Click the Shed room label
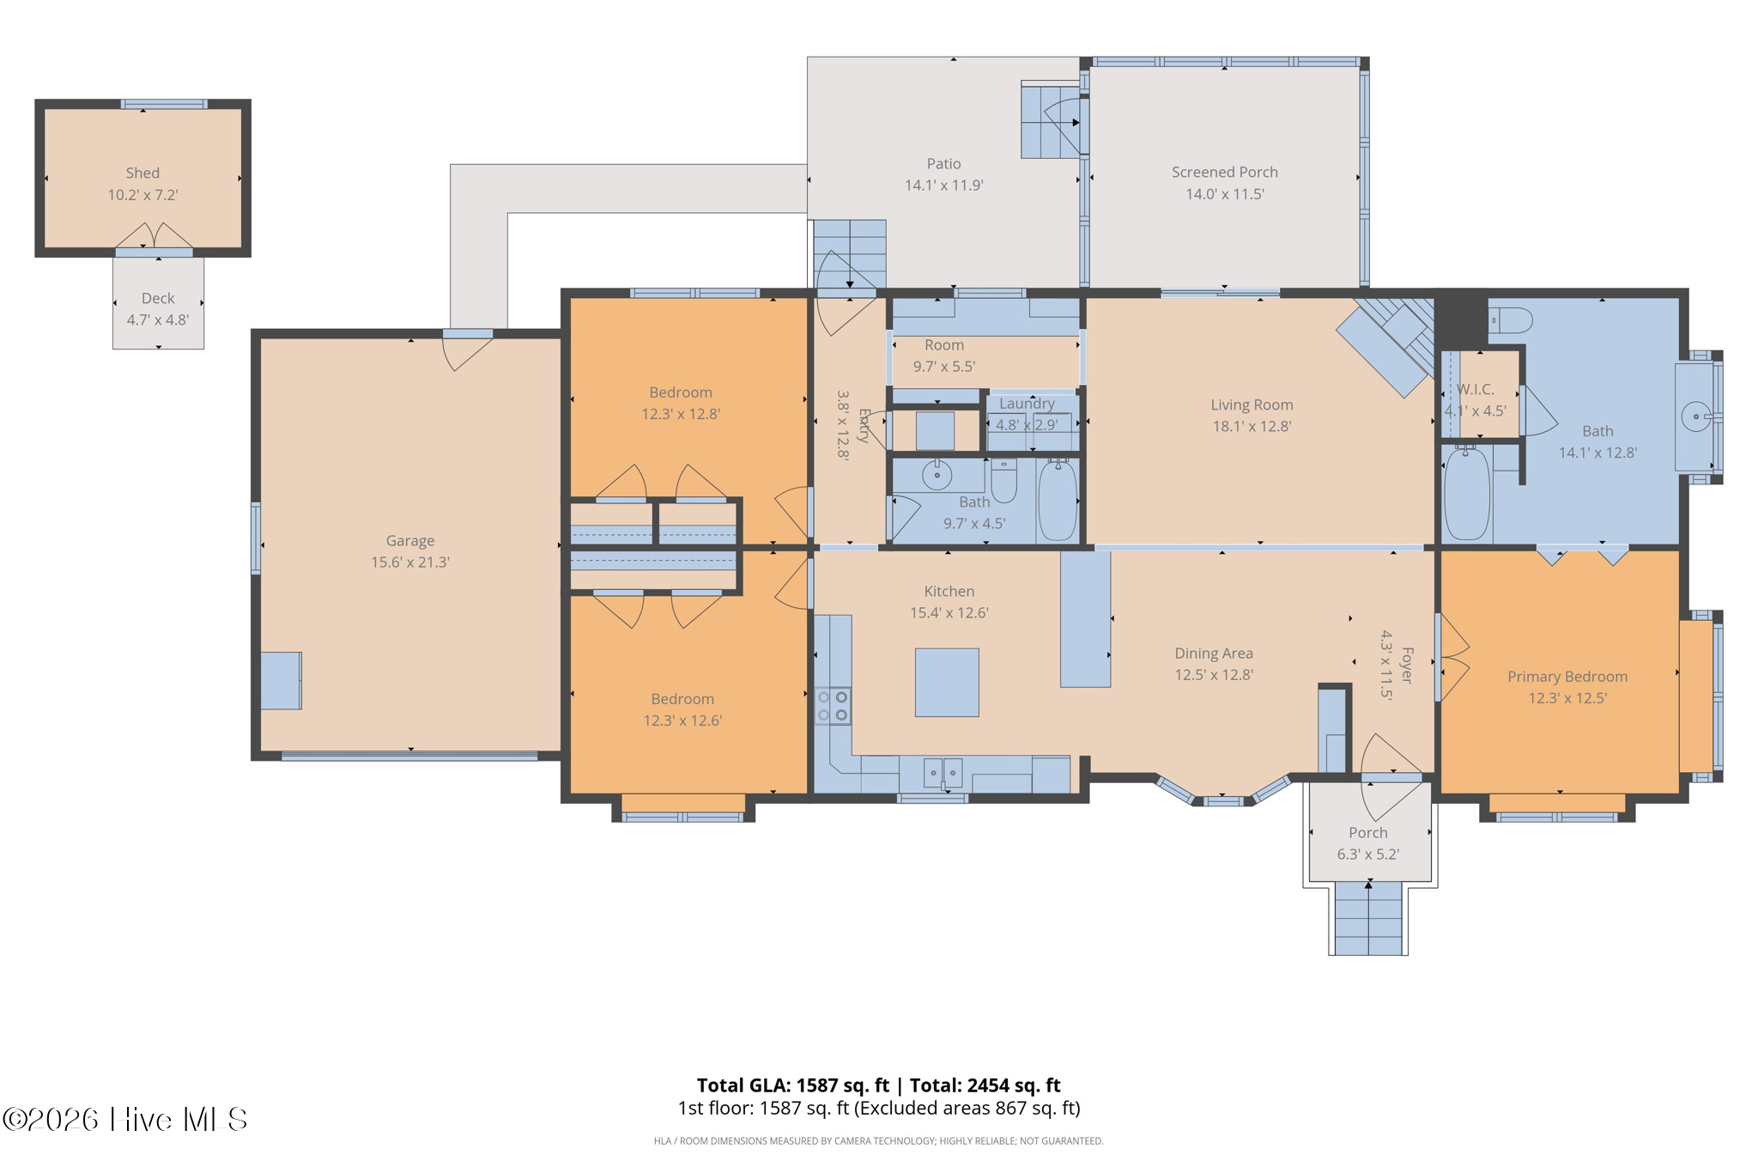[x=142, y=173]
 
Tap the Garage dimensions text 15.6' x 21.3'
[x=410, y=562]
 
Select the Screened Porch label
[x=1225, y=172]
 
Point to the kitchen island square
[x=947, y=682]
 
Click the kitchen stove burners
[x=833, y=706]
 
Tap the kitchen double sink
[x=943, y=773]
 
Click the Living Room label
[x=1252, y=404]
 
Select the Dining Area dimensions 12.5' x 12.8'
[x=1214, y=675]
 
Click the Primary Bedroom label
[x=1567, y=677]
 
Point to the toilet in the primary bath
[x=1511, y=320]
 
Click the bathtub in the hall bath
[x=1058, y=500]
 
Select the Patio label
[x=943, y=163]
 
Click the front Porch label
[x=1368, y=832]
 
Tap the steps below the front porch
[x=1368, y=918]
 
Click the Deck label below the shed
[x=158, y=298]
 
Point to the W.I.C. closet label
[x=1475, y=389]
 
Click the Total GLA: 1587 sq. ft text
[x=792, y=1085]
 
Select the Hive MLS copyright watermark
[x=125, y=1119]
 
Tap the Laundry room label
[x=1027, y=403]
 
